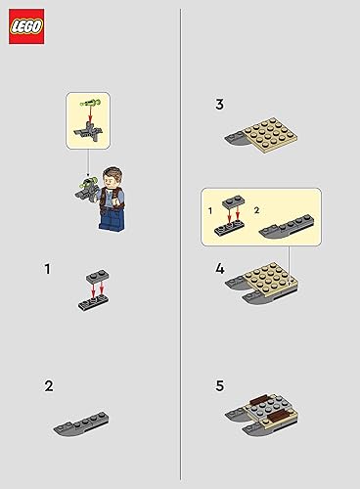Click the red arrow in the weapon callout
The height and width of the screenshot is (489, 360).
coord(88,114)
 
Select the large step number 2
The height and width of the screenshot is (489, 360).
coord(48,385)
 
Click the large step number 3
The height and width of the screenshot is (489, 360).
coord(220,104)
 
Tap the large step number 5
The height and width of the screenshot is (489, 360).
coord(220,385)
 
